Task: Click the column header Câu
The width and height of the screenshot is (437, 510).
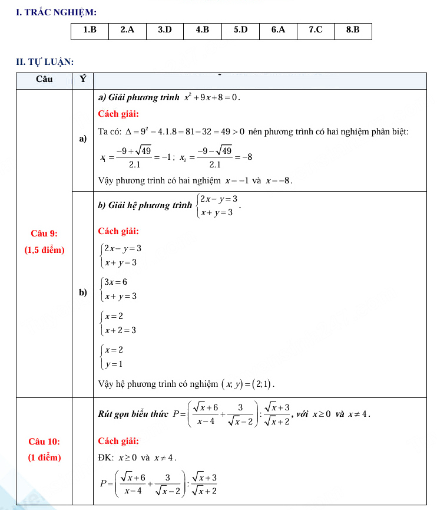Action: click(44, 80)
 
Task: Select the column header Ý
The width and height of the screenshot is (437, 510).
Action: click(83, 80)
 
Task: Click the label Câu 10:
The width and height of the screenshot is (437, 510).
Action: click(44, 441)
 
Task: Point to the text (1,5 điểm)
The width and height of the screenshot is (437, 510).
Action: click(44, 249)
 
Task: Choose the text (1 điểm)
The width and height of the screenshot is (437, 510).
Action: click(44, 458)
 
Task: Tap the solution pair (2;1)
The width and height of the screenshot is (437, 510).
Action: click(261, 384)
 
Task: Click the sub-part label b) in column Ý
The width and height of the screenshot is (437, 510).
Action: click(83, 292)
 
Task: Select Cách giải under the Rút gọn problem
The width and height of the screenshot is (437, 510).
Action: click(118, 440)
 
